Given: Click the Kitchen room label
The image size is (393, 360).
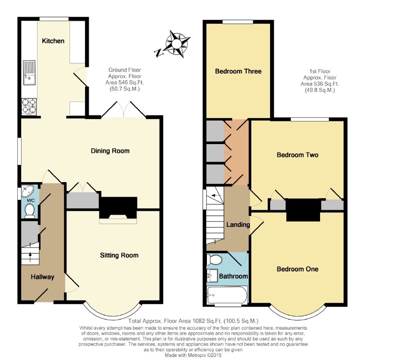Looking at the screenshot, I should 53,41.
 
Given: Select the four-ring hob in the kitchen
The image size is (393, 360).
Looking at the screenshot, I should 29,106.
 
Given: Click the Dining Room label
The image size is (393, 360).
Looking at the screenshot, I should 110,151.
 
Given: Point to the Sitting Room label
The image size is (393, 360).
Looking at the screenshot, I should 119,255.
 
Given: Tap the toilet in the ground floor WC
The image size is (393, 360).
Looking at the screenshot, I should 30,211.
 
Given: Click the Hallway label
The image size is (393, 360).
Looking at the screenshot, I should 43,277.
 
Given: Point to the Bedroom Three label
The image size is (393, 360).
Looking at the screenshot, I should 238,71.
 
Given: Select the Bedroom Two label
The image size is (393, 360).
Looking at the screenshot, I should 297,155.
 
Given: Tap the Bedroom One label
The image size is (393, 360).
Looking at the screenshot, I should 297,269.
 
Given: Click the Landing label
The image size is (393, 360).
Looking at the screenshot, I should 238,225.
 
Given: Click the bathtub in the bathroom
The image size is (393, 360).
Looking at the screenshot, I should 226,295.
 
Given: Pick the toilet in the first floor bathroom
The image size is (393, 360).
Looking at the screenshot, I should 214,260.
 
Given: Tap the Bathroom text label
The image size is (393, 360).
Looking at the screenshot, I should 233,276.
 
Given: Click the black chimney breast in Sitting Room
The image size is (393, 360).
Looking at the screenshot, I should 118,207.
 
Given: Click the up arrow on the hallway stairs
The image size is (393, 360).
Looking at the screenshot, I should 30,257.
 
